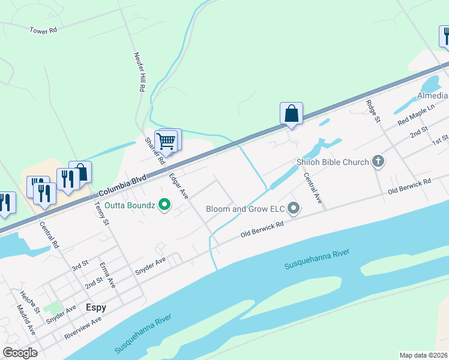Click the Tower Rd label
tap(43, 29)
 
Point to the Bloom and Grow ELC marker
tap(294, 209)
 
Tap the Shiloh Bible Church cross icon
tap(378, 161)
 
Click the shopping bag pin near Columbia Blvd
tap(291, 113)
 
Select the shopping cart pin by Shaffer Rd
tap(166, 141)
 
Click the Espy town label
tap(95, 307)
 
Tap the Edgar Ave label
tap(179, 186)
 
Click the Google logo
tap(20, 352)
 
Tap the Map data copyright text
tap(424, 355)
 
